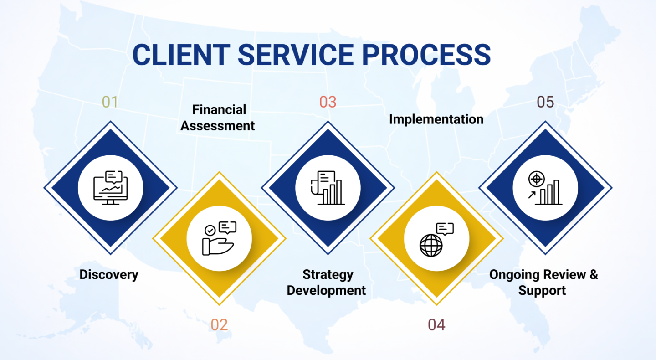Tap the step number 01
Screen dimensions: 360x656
click(x=110, y=102)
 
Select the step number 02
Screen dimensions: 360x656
click(x=219, y=325)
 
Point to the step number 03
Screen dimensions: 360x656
click(x=328, y=102)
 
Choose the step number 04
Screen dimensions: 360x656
click(x=436, y=325)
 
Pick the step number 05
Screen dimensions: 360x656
click(x=545, y=102)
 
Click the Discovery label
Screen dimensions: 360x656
click(x=109, y=275)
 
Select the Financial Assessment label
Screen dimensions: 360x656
click(x=218, y=118)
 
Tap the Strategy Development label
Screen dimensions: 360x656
click(x=327, y=283)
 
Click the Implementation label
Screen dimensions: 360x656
click(x=436, y=119)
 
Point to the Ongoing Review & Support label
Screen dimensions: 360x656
click(x=543, y=283)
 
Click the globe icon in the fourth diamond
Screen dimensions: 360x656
click(x=431, y=245)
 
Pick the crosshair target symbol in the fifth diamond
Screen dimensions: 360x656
click(x=536, y=179)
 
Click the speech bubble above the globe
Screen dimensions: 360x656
click(x=445, y=229)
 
